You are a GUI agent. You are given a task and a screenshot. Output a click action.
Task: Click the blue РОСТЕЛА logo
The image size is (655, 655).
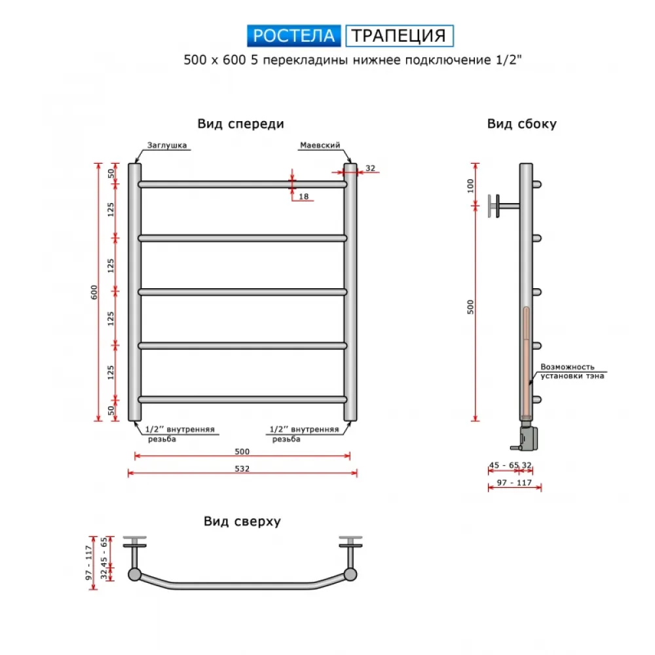click(x=293, y=35)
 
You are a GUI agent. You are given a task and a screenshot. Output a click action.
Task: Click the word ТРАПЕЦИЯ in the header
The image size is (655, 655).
click(x=400, y=35)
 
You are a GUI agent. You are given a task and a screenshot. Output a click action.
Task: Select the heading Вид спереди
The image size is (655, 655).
click(x=240, y=124)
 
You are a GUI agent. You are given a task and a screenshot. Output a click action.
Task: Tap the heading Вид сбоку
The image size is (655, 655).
click(x=522, y=124)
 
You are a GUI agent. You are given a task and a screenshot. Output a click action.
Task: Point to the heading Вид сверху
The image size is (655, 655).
click(x=242, y=521)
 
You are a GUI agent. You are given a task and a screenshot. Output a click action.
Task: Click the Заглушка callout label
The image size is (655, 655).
click(x=166, y=145)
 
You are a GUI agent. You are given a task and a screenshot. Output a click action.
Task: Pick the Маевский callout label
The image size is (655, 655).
click(x=320, y=145)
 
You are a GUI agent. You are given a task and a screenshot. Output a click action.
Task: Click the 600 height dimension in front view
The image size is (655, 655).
click(x=94, y=292)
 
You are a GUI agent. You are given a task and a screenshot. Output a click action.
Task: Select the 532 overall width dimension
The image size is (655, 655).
click(x=242, y=469)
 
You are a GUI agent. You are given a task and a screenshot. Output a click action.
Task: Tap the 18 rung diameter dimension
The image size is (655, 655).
click(x=304, y=196)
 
